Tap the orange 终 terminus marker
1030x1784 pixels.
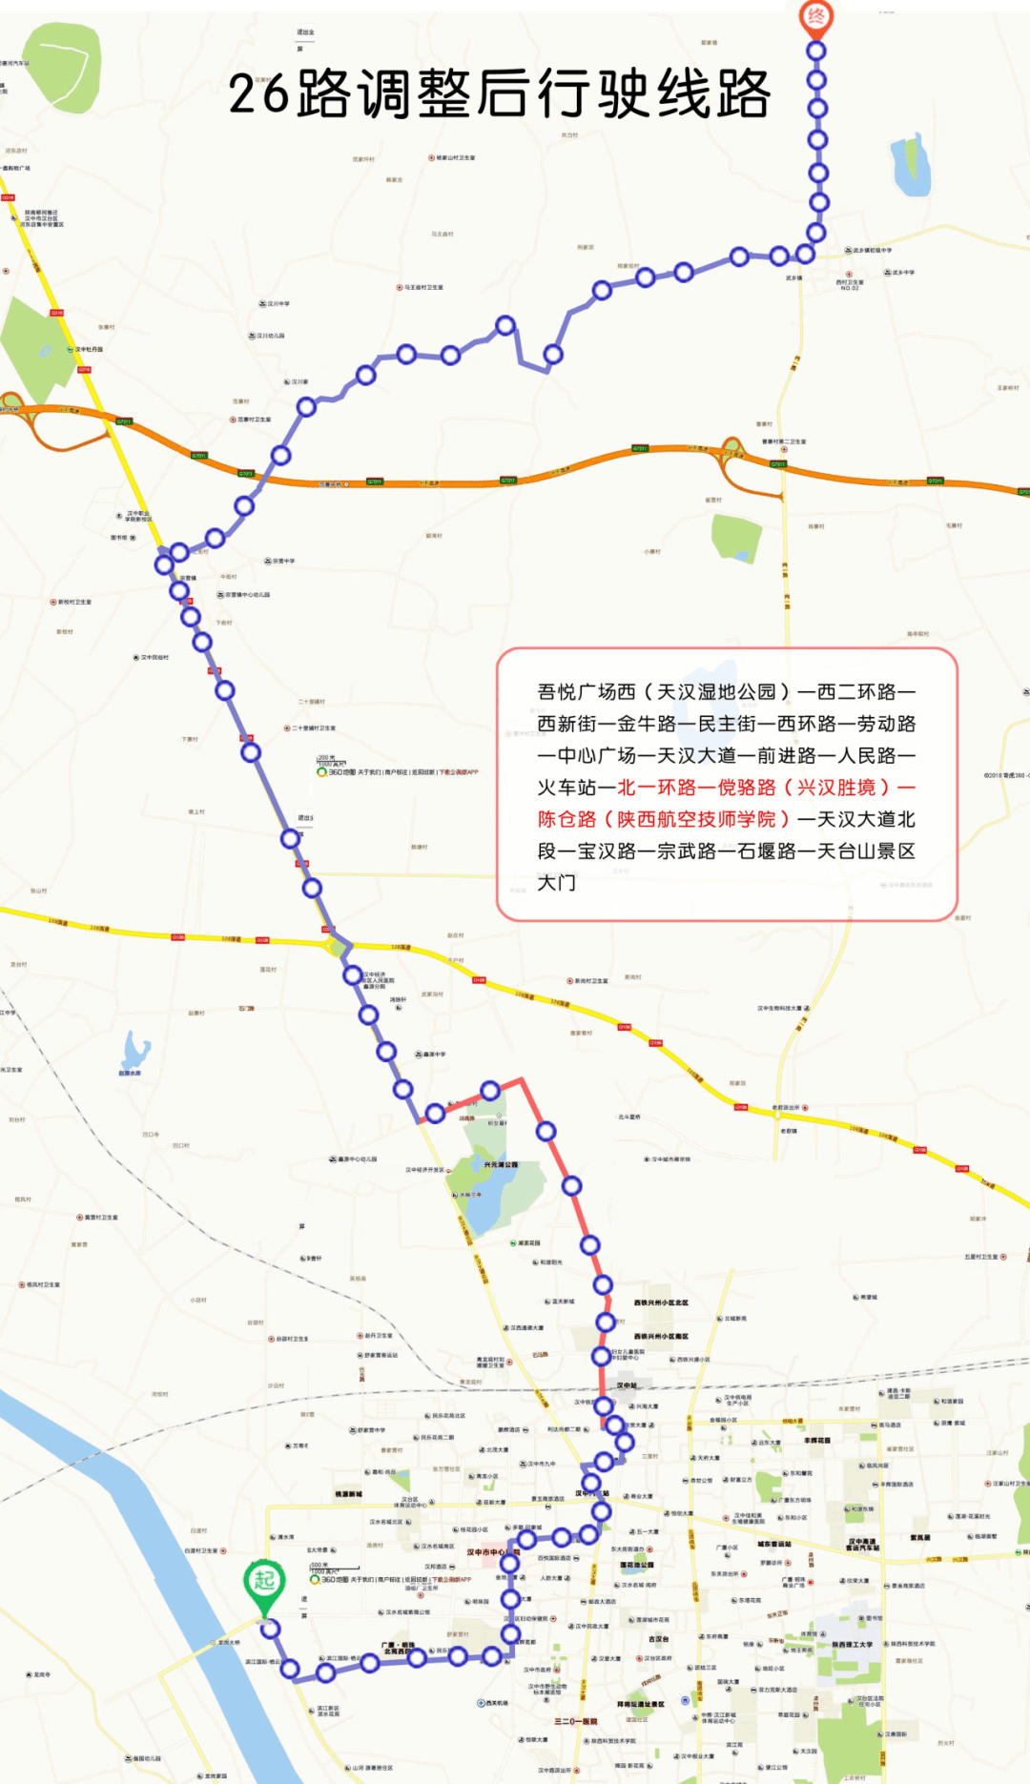pyautogui.click(x=815, y=16)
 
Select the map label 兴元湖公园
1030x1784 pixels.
pyautogui.click(x=501, y=1164)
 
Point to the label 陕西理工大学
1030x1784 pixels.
pyautogui.click(x=852, y=1644)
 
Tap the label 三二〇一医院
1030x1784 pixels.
pyautogui.click(x=575, y=1721)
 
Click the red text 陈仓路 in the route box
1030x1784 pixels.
pyautogui.click(x=566, y=819)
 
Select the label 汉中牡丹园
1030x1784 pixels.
pyautogui.click(x=89, y=350)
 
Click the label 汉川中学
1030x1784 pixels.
pyautogui.click(x=278, y=304)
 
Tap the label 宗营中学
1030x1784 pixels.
pyautogui.click(x=283, y=561)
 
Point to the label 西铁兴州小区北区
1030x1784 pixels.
pyautogui.click(x=661, y=1302)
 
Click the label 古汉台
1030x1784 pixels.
pyautogui.click(x=658, y=1639)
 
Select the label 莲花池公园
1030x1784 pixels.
pyautogui.click(x=637, y=1565)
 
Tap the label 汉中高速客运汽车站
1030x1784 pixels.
pyautogui.click(x=863, y=1545)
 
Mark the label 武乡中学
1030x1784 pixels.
pyautogui.click(x=902, y=273)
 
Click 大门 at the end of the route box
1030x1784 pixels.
pyautogui.click(x=556, y=883)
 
